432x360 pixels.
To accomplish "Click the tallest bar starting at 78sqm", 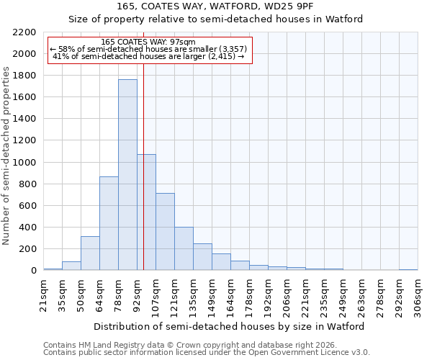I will [x=127, y=175].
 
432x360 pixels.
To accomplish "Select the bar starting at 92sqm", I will [x=146, y=212].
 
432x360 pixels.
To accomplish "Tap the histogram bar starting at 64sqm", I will [x=109, y=223].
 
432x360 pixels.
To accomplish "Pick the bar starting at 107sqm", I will [x=165, y=232].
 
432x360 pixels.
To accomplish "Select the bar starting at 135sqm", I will [x=202, y=257].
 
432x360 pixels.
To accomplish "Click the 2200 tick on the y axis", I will [x=24, y=32].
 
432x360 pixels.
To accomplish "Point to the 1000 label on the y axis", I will [x=24, y=163].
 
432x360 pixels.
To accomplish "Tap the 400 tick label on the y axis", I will [x=27, y=228].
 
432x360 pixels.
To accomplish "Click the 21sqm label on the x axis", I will [x=43, y=294].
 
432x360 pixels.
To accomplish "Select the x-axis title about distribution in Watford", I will [x=229, y=326].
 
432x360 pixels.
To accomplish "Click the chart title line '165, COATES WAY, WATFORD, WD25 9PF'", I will [x=216, y=6].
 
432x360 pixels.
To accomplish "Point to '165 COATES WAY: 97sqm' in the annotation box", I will [x=148, y=42].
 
